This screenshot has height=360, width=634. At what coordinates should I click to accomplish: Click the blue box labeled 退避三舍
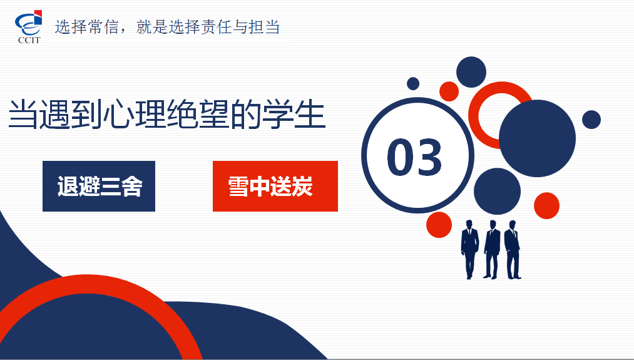pos(99,186)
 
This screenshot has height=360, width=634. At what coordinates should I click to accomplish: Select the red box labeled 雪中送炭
pos(275,186)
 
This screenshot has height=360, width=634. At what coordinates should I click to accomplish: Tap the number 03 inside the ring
pos(414,157)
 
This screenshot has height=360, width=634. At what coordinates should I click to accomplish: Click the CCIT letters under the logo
pos(29,40)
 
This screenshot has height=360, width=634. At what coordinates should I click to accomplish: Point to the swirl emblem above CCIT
pos(29,23)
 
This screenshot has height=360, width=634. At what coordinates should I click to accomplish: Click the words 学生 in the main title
pos(294,114)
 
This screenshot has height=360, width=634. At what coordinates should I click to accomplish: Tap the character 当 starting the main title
pos(24,114)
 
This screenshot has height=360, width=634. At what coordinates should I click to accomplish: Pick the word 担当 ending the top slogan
pos(265,27)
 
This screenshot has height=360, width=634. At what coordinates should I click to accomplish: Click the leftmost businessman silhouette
pos(469,249)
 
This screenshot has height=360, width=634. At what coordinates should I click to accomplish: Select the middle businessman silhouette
pos(491,249)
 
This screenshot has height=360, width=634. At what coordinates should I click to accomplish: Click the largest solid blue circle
pos(537,138)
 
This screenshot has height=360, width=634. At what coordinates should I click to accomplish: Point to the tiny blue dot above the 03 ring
pos(413,84)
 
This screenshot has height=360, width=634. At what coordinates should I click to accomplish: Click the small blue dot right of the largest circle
pos(591,120)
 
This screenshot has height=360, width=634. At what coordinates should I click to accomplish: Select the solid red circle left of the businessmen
pos(439,225)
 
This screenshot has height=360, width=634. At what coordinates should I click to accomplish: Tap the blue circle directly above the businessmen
pos(497,192)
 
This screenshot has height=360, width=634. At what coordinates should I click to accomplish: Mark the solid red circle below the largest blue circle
pos(546,206)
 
